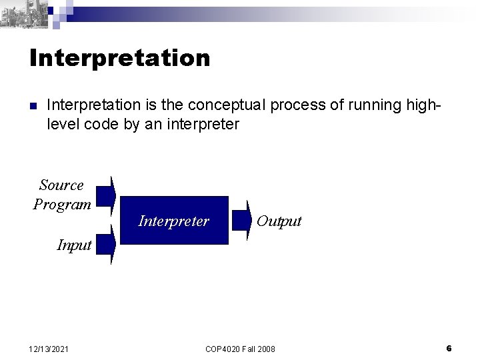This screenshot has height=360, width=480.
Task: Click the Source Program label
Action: pyautogui.click(x=62, y=195)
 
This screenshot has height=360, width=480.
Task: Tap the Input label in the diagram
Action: pyautogui.click(x=74, y=245)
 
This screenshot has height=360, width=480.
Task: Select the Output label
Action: pyautogui.click(x=279, y=221)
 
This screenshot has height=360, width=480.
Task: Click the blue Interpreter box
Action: pyautogui.click(x=173, y=221)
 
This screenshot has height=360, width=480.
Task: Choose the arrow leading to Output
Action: pyautogui.click(x=241, y=221)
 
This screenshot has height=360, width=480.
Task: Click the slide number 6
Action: pyautogui.click(x=449, y=348)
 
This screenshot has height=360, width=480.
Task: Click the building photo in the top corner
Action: pyautogui.click(x=25, y=13)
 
